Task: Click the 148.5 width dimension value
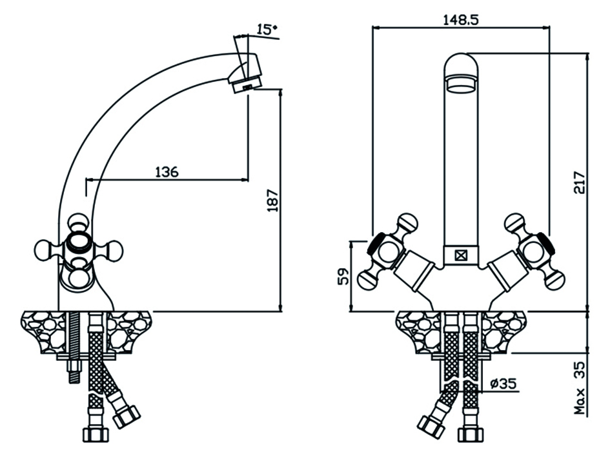(461, 20)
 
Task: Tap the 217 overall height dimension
(579, 182)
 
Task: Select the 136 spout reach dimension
(167, 171)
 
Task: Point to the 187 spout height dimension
(272, 200)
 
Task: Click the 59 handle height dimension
(343, 277)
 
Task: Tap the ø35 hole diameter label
(503, 384)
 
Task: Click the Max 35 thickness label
(579, 388)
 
